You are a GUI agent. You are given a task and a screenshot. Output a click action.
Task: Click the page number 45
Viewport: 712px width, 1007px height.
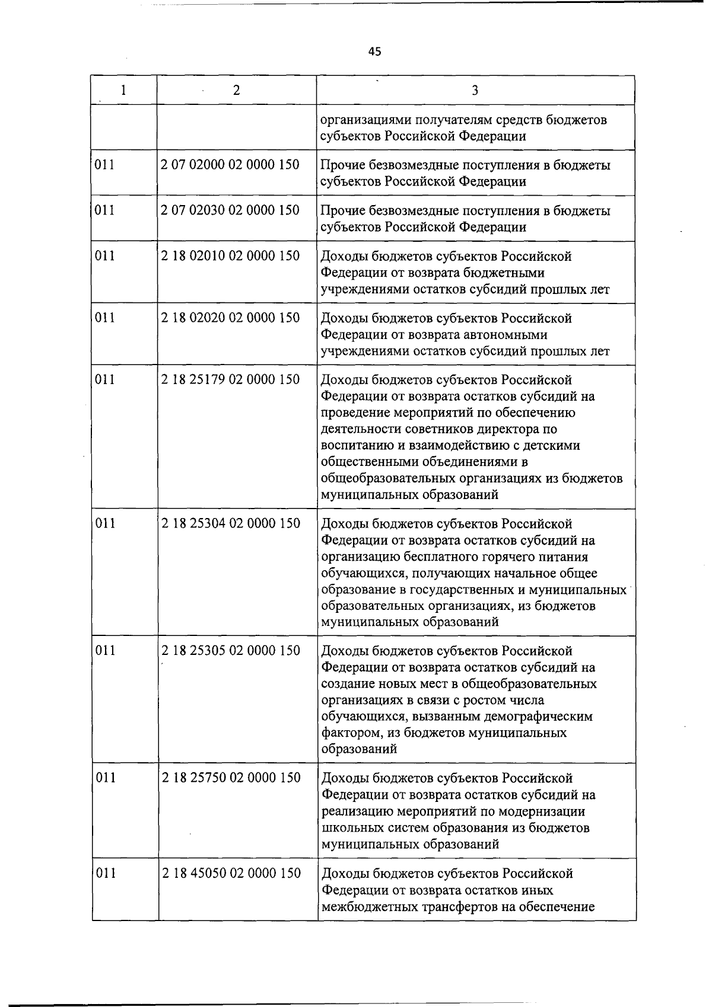pyautogui.click(x=374, y=52)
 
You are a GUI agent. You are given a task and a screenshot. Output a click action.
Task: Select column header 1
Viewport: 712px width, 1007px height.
pyautogui.click(x=123, y=90)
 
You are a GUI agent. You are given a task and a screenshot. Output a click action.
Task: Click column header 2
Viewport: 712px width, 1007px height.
pyautogui.click(x=237, y=90)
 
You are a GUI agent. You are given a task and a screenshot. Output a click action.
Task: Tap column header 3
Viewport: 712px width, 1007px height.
pyautogui.click(x=475, y=90)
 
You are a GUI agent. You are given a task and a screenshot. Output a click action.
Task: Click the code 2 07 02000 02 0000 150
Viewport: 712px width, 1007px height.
pyautogui.click(x=230, y=164)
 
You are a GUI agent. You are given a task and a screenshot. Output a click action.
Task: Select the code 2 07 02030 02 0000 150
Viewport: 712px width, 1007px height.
pyautogui.click(x=230, y=210)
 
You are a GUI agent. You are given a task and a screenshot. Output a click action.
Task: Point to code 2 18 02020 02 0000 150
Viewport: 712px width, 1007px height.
pyautogui.click(x=230, y=318)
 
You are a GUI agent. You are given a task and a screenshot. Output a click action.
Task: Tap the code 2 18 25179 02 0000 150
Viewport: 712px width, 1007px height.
pyautogui.click(x=230, y=379)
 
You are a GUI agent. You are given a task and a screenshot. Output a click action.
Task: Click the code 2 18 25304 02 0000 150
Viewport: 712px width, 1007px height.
pyautogui.click(x=231, y=523)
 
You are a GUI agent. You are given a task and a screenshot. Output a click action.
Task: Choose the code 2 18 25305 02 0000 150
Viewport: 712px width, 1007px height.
pyautogui.click(x=231, y=651)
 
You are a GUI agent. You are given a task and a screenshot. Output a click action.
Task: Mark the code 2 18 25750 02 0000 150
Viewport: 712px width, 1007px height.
pyautogui.click(x=231, y=778)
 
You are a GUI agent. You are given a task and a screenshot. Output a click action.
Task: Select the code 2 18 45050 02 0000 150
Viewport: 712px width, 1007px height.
pyautogui.click(x=231, y=873)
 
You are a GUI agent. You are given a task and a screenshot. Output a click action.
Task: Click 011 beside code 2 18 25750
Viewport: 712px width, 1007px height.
pyautogui.click(x=106, y=778)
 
